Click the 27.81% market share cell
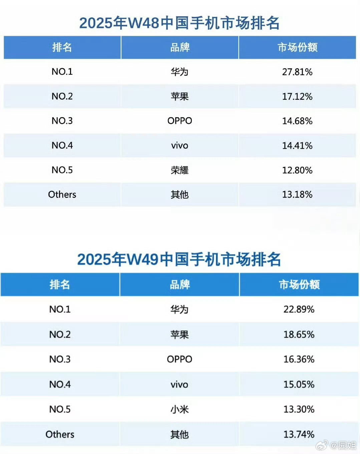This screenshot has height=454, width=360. point(297,72)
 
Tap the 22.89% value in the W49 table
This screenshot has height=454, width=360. point(299,309)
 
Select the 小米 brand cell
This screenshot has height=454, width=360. point(179,409)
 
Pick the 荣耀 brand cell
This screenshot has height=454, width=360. point(179,170)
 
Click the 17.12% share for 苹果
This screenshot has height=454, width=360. point(297,96)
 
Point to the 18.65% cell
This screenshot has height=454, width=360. point(299,334)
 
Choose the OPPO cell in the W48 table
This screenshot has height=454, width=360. point(179,121)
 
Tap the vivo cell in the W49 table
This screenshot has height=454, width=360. point(179,384)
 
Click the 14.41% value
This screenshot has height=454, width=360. point(297,145)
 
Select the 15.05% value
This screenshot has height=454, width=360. point(299,384)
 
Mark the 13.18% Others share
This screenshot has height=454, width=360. point(297,194)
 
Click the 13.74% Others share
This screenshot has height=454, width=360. point(299,434)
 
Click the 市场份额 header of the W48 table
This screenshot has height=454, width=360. point(297,47)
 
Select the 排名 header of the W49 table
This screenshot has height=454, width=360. point(60,285)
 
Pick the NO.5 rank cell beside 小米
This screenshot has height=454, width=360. point(60,409)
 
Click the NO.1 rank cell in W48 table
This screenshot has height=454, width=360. point(62,72)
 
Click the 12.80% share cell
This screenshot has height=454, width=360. point(297,170)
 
